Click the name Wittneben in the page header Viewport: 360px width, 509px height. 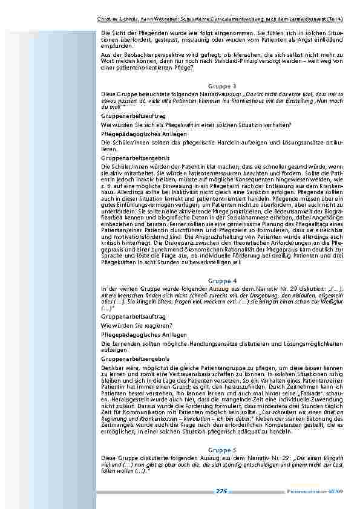tap(168, 19)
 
